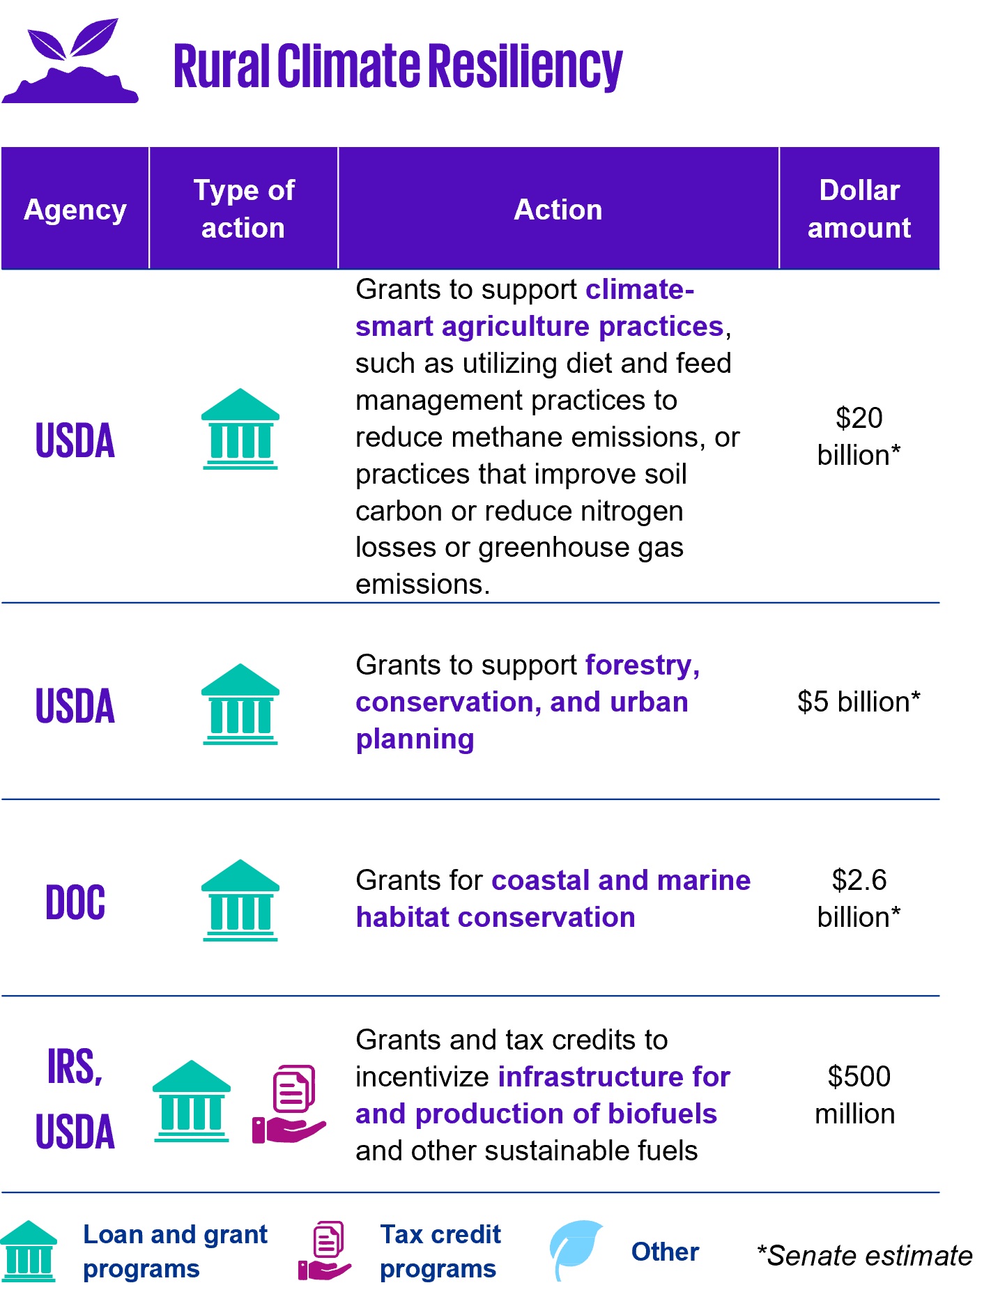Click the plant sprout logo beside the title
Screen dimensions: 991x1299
tap(70, 61)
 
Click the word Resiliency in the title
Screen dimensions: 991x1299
tap(525, 66)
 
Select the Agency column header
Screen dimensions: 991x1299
tap(75, 209)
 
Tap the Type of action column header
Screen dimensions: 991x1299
tap(244, 208)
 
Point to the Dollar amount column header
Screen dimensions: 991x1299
tap(859, 208)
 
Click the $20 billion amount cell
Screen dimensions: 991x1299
tap(859, 436)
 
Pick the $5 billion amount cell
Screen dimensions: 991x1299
tap(859, 702)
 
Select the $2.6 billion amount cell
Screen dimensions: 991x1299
tap(859, 898)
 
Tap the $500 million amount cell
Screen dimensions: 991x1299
tap(856, 1095)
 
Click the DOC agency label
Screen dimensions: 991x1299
tap(75, 902)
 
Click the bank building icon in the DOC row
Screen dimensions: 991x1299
tap(240, 900)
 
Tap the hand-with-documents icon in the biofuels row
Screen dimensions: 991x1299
tap(289, 1104)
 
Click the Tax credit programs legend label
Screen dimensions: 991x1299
tap(440, 1252)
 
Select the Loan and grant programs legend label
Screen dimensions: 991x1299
tap(175, 1252)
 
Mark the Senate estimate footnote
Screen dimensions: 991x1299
tap(865, 1256)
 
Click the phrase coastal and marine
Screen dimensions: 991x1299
tap(621, 880)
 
